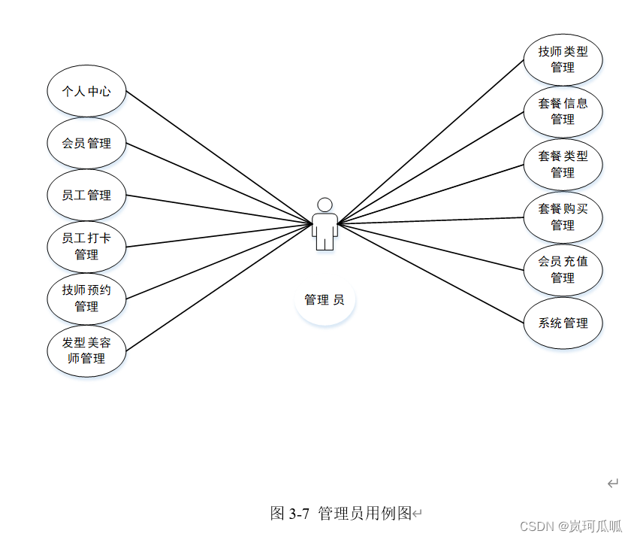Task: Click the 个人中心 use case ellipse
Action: (86, 91)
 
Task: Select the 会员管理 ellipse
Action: (86, 143)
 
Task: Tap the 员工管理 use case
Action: (86, 196)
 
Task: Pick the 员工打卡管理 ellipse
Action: (86, 247)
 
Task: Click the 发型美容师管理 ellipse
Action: (86, 350)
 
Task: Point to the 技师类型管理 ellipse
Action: (563, 59)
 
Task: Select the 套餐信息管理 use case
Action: (563, 111)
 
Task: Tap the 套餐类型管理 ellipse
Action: (563, 164)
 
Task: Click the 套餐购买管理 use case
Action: (563, 217)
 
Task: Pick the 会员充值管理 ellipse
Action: (563, 269)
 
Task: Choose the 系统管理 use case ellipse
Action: (563, 323)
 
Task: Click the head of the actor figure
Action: (325, 205)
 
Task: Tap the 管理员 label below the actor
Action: (325, 300)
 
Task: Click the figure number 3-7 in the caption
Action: (299, 514)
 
